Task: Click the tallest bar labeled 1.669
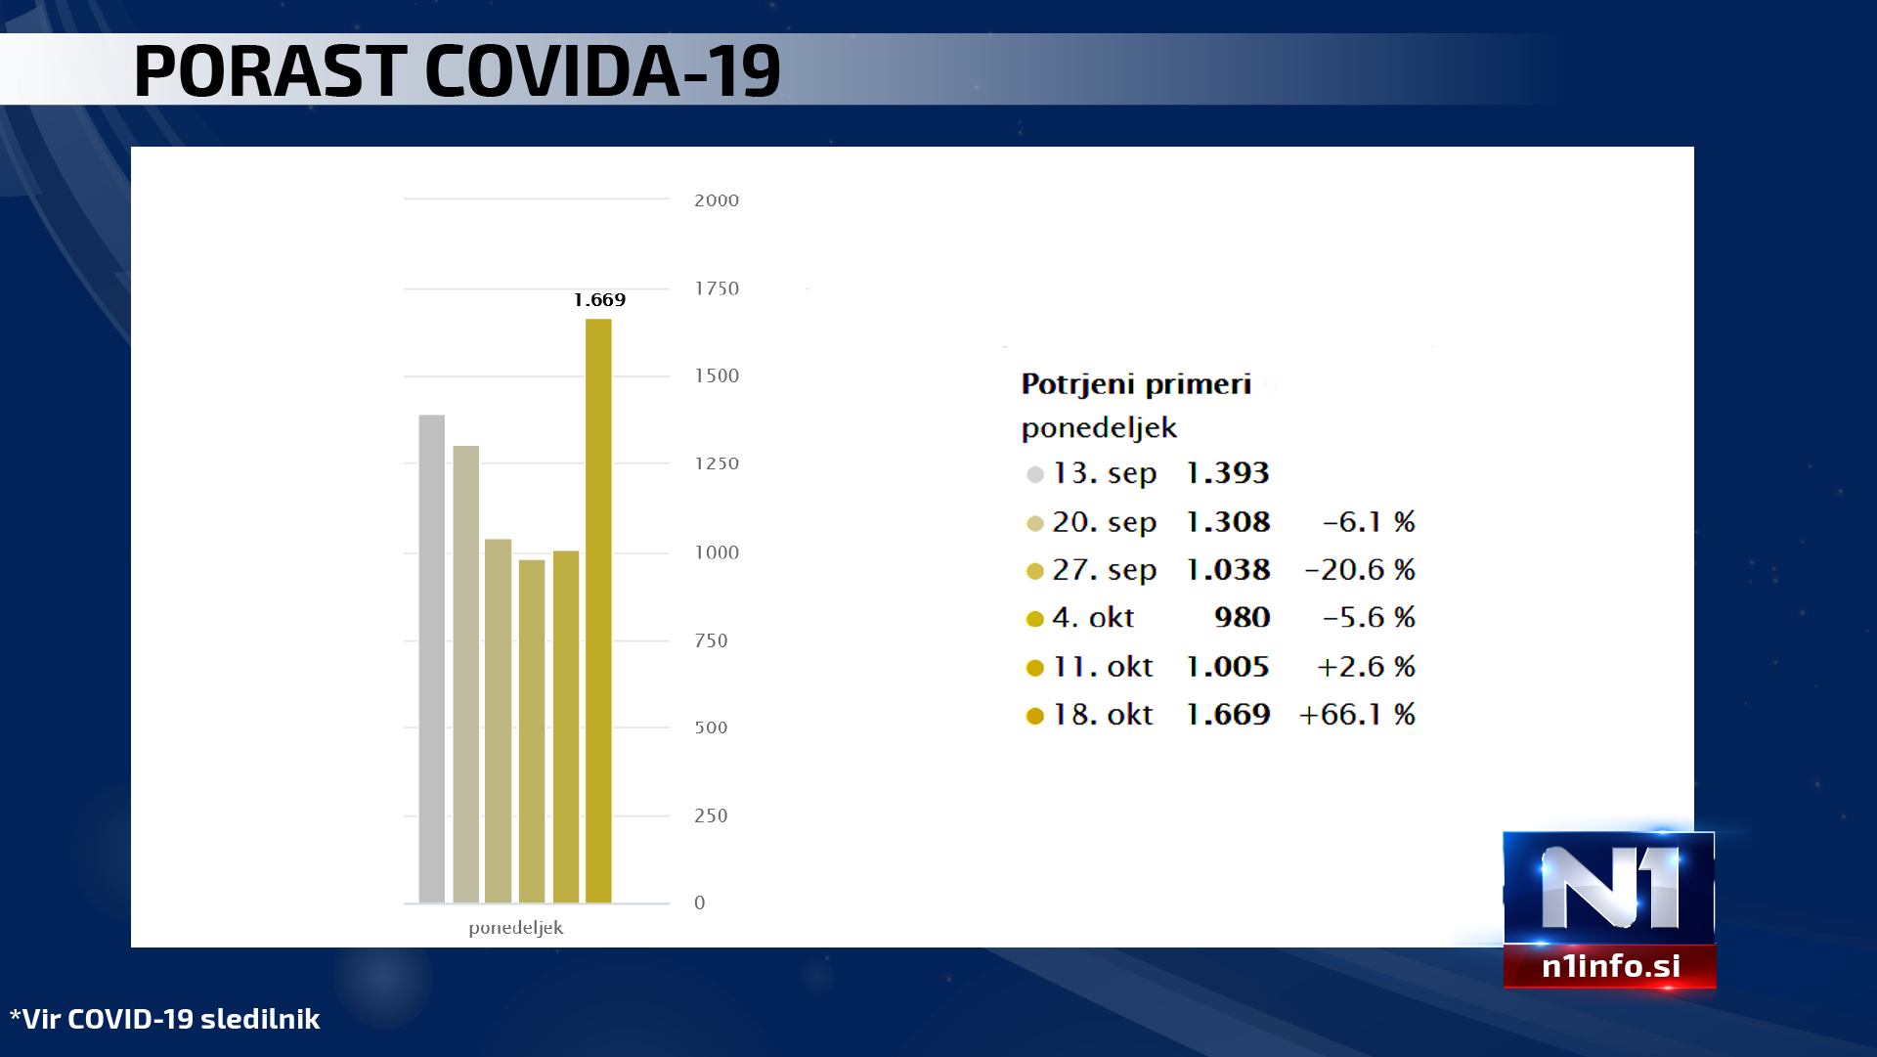[x=598, y=610]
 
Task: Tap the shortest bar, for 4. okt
[x=532, y=730]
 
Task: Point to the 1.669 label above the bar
[x=599, y=300]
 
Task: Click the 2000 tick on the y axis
[x=716, y=200]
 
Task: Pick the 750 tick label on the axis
[x=711, y=641]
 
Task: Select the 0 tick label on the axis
[x=699, y=903]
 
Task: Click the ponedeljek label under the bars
[x=515, y=928]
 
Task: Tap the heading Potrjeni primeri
[x=1136, y=384]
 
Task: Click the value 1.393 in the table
[x=1227, y=473]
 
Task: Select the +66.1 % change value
[x=1356, y=715]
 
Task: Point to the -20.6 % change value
[x=1359, y=570]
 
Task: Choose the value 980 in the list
[x=1242, y=618]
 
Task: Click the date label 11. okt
[x=1103, y=667]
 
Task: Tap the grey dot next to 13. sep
[x=1034, y=475]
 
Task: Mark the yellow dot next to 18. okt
[x=1034, y=717]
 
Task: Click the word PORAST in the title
[x=270, y=71]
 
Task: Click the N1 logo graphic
[x=1608, y=888]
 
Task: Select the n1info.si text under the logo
[x=1610, y=966]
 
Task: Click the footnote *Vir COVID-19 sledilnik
[x=165, y=1019]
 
